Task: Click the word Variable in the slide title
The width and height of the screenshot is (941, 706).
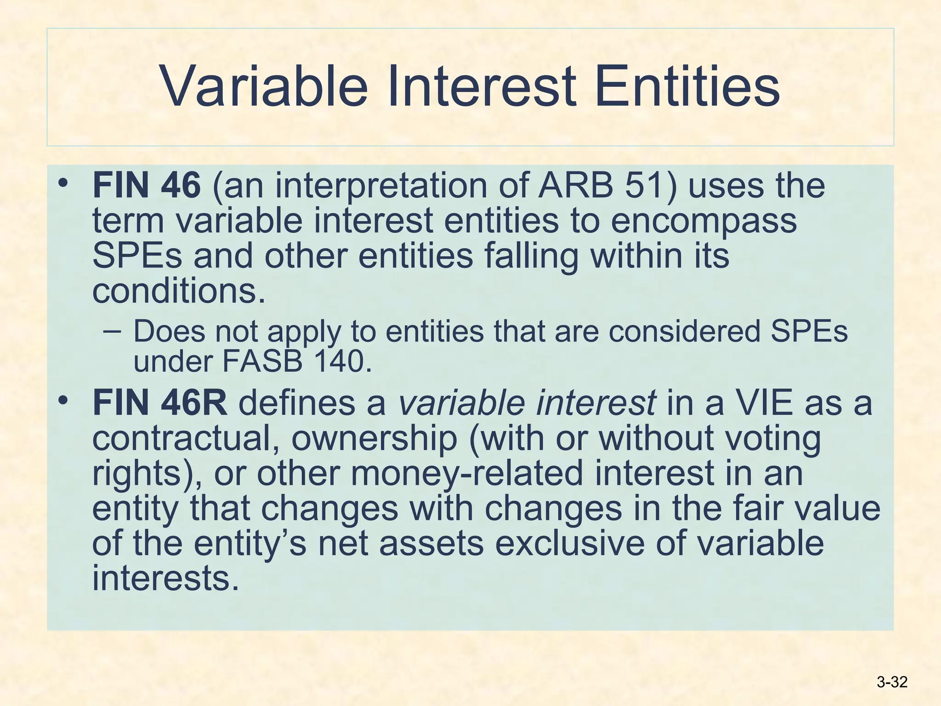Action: (265, 86)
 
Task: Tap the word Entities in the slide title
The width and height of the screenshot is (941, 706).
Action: (686, 86)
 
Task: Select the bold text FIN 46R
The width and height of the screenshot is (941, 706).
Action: (159, 403)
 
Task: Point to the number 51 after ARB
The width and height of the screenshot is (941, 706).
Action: (645, 185)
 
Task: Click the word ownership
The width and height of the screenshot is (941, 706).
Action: (374, 439)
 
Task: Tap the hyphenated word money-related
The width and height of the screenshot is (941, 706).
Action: (466, 474)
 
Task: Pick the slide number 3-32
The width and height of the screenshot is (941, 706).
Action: (892, 682)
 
